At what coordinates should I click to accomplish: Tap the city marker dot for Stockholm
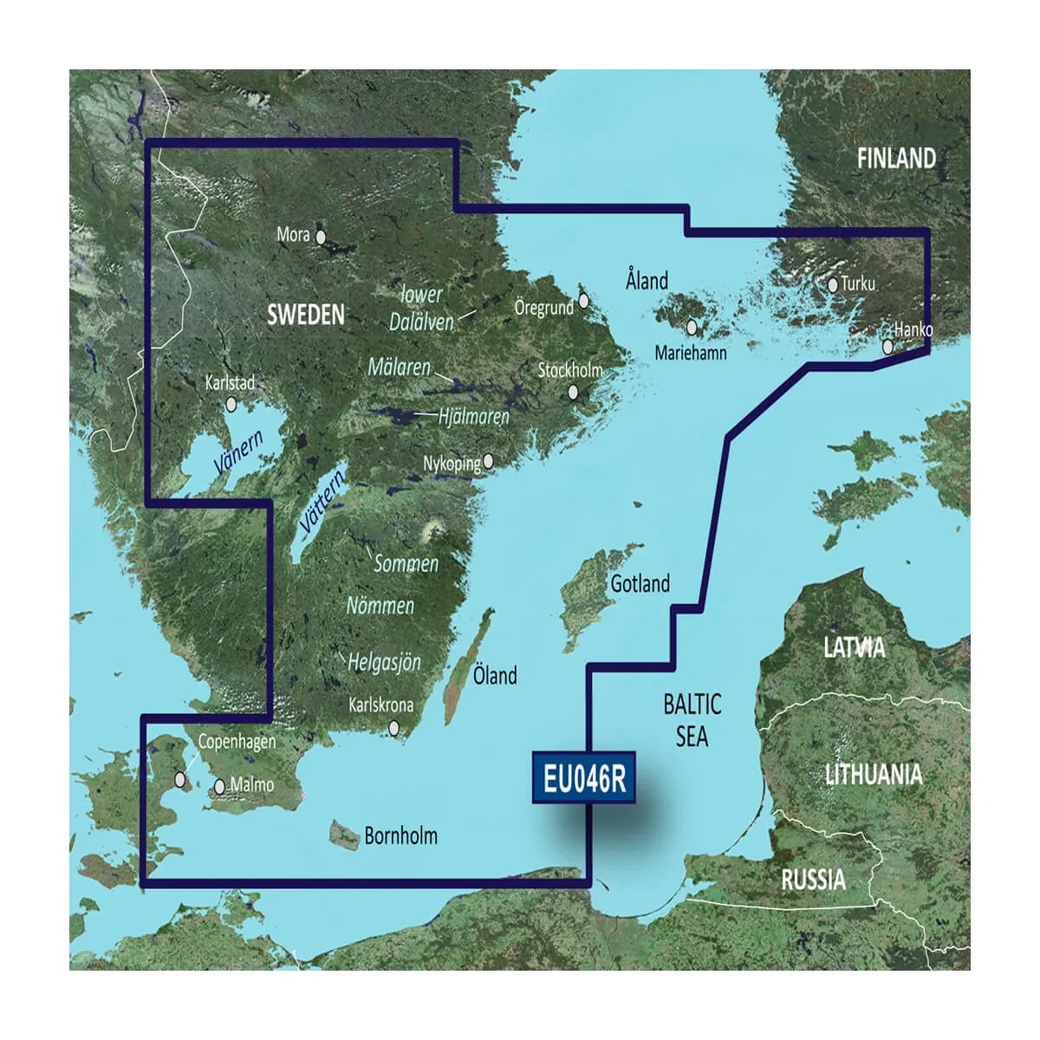point(573,393)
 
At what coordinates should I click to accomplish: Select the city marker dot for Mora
point(321,236)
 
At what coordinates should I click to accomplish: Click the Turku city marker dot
point(833,283)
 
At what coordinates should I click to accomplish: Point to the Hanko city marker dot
point(888,347)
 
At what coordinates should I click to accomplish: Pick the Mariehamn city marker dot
point(692,328)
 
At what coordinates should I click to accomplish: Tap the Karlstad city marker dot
point(231,404)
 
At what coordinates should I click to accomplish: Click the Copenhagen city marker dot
point(180,779)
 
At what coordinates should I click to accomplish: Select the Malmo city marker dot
point(220,787)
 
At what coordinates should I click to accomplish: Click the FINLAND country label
point(896,159)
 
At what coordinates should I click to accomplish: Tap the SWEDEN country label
point(305,315)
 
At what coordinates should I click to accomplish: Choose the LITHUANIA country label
point(873,774)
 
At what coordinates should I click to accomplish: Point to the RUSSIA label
point(813,881)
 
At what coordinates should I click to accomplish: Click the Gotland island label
point(640,584)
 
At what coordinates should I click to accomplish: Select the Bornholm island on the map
point(344,836)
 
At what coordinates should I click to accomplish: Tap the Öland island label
point(495,675)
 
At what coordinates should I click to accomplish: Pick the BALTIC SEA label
point(692,720)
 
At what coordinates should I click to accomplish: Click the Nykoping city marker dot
point(489,461)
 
